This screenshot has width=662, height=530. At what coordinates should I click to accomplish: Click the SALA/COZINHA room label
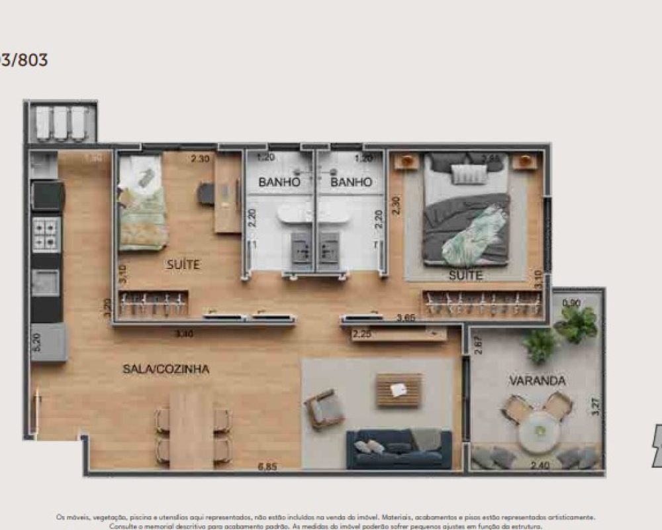pos(165,369)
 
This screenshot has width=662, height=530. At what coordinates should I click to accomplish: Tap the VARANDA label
pos(537,381)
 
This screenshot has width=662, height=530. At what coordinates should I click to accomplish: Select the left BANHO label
pos(279,182)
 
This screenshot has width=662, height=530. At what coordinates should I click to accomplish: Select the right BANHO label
pos(351,182)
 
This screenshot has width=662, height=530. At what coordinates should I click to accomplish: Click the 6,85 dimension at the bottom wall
pos(268,466)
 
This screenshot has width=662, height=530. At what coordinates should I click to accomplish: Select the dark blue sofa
pos(399,449)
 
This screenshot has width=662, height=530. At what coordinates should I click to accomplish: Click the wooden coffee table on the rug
pos(399,390)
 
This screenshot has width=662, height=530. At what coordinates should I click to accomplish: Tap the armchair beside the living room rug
pos(324,409)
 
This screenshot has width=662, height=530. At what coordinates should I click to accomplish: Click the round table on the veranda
pos(539,431)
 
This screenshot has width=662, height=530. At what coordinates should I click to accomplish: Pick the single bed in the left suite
pos(142,203)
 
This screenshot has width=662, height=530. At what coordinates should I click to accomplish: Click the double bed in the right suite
pos(466,210)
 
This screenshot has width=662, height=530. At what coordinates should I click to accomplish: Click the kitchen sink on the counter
pos(45,283)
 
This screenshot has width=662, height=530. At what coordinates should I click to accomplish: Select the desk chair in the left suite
pos(206,193)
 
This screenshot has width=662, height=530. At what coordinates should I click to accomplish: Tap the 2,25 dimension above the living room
pos(362,335)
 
